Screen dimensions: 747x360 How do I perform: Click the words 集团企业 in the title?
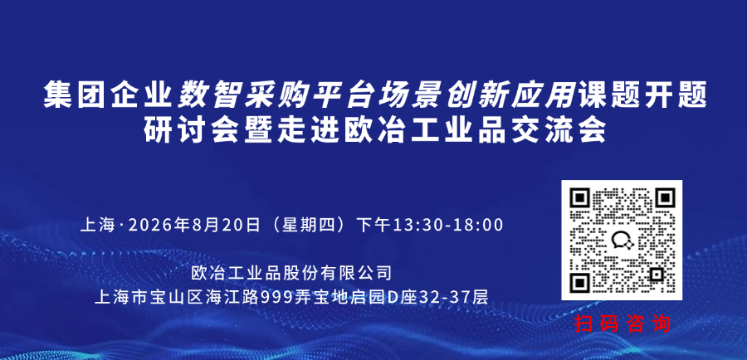pos(107,95)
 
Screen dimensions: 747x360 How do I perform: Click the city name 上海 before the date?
pos(97,225)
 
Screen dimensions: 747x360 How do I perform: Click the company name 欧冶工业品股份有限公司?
pos(291,274)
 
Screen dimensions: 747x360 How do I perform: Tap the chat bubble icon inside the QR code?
pos(622,239)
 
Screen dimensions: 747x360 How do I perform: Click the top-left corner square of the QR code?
pos(580,198)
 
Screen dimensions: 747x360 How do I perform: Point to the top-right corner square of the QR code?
pos(664,198)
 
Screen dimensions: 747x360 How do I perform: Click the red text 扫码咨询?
pos(622,324)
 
